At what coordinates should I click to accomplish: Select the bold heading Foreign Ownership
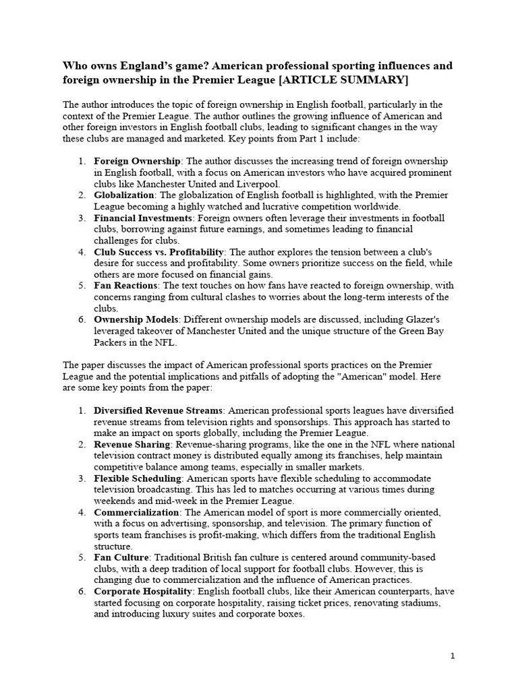(137, 162)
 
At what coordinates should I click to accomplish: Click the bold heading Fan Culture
(121, 557)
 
